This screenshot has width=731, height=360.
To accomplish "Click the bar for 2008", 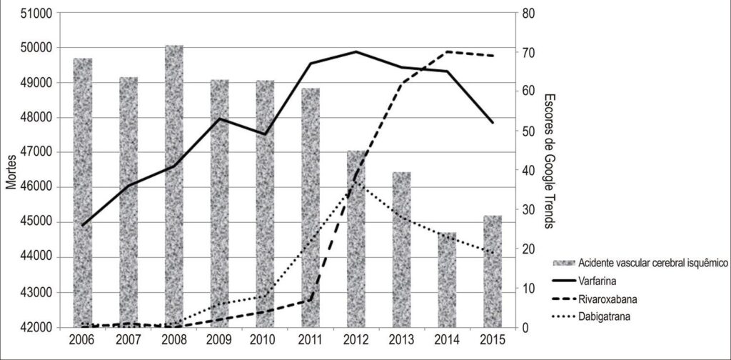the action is [174, 186].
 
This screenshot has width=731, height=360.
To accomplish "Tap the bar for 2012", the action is [356, 239].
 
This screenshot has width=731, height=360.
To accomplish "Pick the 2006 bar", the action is [83, 193].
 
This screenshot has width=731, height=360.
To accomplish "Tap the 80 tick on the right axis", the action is [528, 13].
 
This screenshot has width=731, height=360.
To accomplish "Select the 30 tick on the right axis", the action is [528, 209].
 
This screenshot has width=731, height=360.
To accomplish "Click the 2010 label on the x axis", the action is [265, 339].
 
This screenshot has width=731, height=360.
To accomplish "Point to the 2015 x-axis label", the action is [493, 339].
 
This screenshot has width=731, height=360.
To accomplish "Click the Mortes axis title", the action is [11, 173].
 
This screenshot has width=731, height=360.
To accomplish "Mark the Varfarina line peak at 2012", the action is [356, 51].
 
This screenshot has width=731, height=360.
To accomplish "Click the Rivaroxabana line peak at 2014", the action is [447, 51].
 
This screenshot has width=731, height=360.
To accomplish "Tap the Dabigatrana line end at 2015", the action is [493, 253].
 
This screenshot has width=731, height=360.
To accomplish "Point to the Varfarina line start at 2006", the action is [83, 225].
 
